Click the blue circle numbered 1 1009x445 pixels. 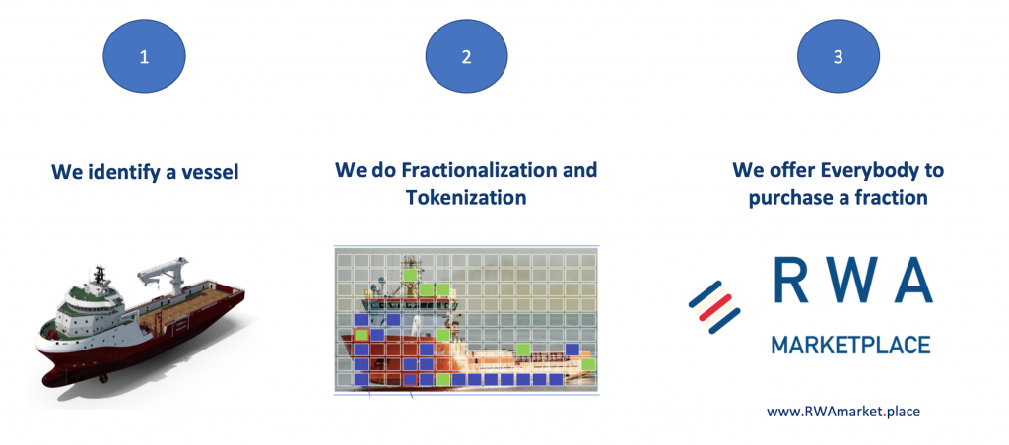[x=144, y=56]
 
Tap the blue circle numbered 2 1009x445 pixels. [x=466, y=56]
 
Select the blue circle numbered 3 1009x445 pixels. [x=838, y=56]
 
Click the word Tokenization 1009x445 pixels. [x=466, y=197]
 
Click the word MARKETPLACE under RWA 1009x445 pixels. [x=850, y=344]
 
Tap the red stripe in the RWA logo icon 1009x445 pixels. [x=715, y=307]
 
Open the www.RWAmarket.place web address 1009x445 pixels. [x=843, y=411]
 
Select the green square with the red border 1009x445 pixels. [x=361, y=335]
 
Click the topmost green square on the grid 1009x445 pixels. [x=409, y=275]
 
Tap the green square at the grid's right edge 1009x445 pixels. [x=588, y=364]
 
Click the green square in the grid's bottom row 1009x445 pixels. [x=442, y=379]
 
